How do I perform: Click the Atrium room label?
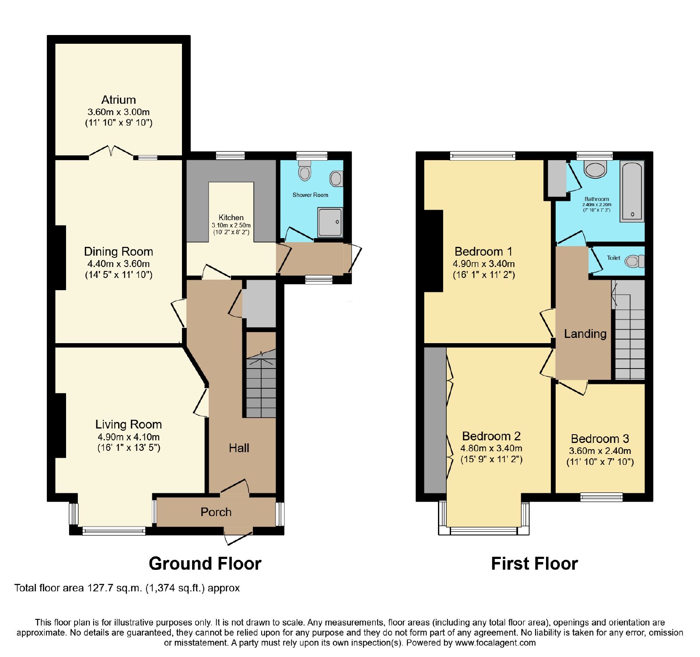pos(119,100)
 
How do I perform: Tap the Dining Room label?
pos(119,252)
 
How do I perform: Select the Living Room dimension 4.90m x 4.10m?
pos(129,437)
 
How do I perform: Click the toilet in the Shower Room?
pos(304,170)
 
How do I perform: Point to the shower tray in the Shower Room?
pos(330,222)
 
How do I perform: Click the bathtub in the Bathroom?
pos(632,191)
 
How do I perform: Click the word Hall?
pos(239,448)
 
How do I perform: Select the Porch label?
pos(216,512)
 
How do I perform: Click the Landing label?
pos(585,334)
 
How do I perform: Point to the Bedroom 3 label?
pos(600,439)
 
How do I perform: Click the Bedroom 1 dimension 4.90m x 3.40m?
pos(483,264)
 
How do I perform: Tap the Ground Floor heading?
pos(205,563)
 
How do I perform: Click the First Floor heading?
pos(535,563)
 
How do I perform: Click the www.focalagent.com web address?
pos(495,643)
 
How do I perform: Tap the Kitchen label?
pos(231,218)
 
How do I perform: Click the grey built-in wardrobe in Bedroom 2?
pos(435,420)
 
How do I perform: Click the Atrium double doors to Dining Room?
pos(111,151)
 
